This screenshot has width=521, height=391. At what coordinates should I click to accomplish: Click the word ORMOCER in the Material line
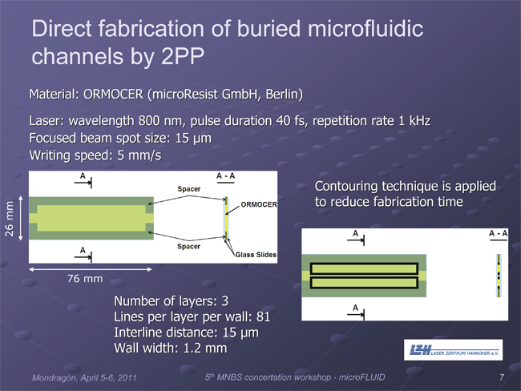click(113, 95)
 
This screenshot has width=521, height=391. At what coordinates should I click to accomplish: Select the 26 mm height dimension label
click(9, 219)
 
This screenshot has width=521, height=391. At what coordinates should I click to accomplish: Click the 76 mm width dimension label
click(85, 278)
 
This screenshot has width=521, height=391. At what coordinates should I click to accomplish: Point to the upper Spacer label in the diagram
click(188, 189)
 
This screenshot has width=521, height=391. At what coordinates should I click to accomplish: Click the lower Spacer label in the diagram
click(188, 247)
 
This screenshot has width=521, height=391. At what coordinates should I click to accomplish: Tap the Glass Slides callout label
click(256, 255)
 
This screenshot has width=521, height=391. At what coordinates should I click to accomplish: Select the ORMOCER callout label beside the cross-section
click(259, 204)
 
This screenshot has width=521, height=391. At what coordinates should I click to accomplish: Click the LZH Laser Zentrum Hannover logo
click(453, 350)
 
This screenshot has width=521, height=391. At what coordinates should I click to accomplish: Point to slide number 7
click(502, 377)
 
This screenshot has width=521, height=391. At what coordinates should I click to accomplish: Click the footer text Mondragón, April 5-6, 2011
click(84, 377)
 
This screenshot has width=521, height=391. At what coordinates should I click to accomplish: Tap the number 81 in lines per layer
click(263, 316)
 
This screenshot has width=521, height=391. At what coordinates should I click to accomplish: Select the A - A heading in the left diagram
click(225, 175)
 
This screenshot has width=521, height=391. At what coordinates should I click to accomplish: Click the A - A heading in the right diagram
click(498, 233)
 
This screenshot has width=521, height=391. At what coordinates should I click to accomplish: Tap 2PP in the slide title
click(183, 56)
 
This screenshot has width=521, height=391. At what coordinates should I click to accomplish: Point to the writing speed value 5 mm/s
click(139, 155)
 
